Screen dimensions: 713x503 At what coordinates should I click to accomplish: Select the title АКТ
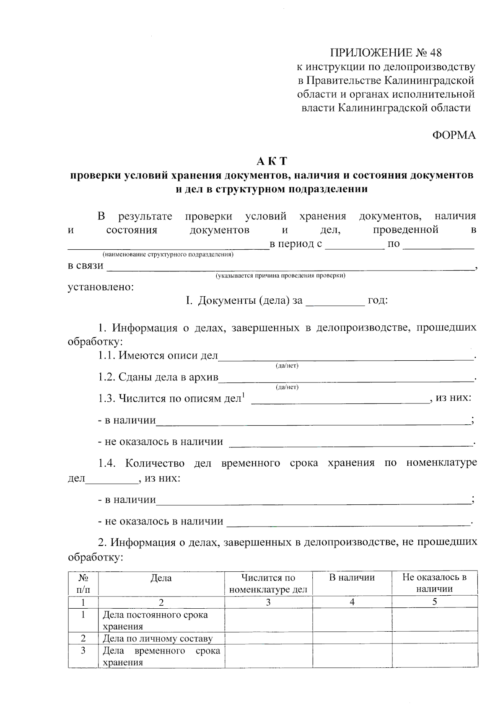click(272, 161)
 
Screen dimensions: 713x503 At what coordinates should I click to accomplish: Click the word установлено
click(101, 287)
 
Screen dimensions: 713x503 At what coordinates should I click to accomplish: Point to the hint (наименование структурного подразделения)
click(168, 255)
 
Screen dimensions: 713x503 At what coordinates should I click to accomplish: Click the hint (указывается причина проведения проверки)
click(280, 276)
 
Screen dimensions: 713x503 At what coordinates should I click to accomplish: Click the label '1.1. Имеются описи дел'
click(158, 356)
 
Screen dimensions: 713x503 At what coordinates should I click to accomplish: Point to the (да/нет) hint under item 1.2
click(287, 387)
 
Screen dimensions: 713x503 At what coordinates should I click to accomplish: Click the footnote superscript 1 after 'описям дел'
click(243, 395)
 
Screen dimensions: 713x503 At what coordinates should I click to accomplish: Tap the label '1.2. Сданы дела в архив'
click(158, 377)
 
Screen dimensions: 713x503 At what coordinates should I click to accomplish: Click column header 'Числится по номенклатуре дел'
click(268, 584)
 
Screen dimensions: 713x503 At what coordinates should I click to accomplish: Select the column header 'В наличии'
click(352, 578)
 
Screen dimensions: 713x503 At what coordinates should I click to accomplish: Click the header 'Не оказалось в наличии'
click(434, 583)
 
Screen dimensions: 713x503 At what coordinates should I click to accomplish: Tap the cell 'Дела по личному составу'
click(158, 639)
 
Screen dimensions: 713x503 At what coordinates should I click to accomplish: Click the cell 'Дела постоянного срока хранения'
click(155, 620)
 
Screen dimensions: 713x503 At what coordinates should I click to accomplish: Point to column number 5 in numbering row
click(435, 602)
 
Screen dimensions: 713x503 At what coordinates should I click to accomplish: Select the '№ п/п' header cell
click(83, 584)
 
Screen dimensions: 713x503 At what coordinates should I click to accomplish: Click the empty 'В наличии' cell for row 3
click(352, 656)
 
